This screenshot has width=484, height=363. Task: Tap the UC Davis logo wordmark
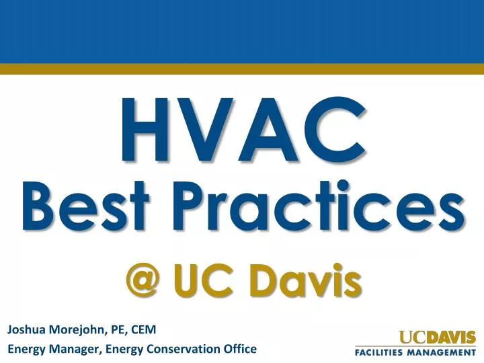pyautogui.click(x=438, y=337)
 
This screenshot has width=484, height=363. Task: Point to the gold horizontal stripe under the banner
pyautogui.click(x=242, y=69)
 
